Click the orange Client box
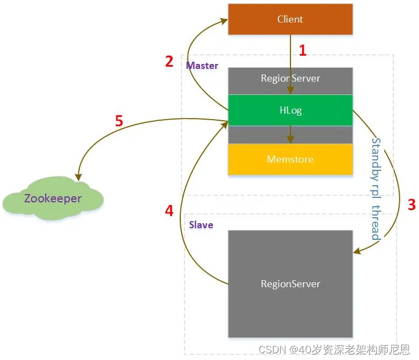pyautogui.click(x=290, y=19)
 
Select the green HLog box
pyautogui.click(x=290, y=110)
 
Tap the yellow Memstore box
pyautogui.click(x=290, y=159)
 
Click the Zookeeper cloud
pyautogui.click(x=53, y=198)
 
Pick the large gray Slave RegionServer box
pyautogui.click(x=290, y=283)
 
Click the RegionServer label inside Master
pyautogui.click(x=290, y=78)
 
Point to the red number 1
pyautogui.click(x=302, y=51)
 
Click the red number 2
pyautogui.click(x=169, y=61)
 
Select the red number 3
pyautogui.click(x=411, y=205)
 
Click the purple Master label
pyautogui.click(x=202, y=66)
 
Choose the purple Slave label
pyautogui.click(x=201, y=225)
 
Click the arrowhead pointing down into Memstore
pyautogui.click(x=291, y=140)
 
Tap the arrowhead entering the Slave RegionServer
pyautogui.click(x=357, y=251)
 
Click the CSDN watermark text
pyautogui.click(x=334, y=349)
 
